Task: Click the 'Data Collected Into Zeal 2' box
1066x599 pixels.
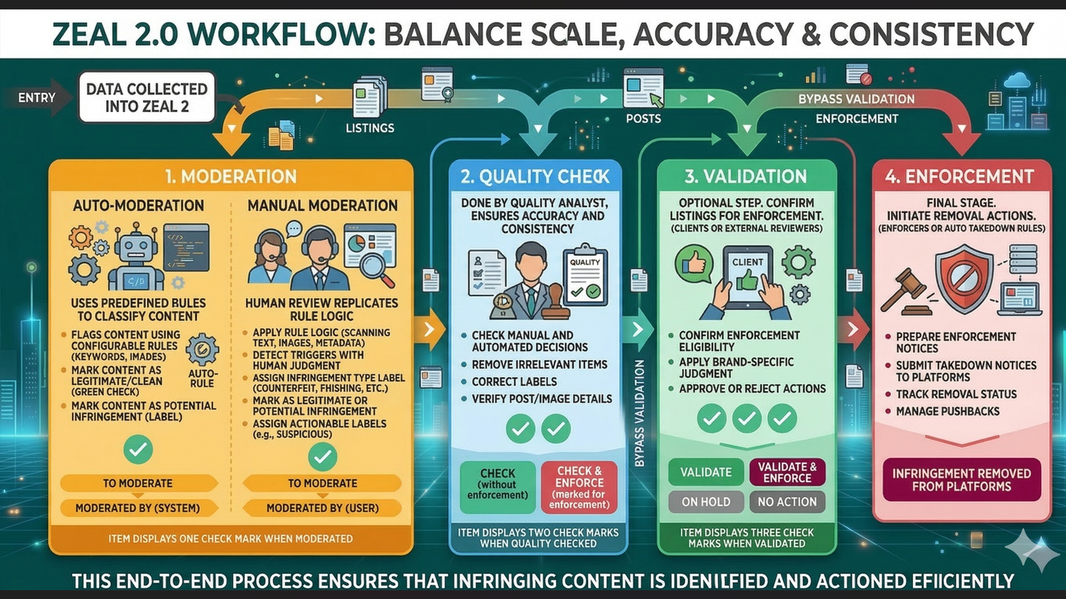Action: point(147,97)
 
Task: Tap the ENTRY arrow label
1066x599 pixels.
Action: point(37,98)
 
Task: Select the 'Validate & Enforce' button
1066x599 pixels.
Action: point(787,472)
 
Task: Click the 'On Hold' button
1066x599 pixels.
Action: point(705,502)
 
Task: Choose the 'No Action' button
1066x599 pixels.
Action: point(787,502)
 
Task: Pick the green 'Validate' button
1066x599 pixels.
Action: point(705,472)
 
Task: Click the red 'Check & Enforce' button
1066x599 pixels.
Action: point(579,487)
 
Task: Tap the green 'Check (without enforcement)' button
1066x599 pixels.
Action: point(497,487)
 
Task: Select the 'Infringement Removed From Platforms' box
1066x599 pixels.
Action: point(961,480)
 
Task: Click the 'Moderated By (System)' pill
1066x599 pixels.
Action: point(137,508)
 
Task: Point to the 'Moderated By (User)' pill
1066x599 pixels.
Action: point(322,508)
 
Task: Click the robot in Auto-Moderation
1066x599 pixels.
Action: point(136,258)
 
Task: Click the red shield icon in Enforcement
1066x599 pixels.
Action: point(964,278)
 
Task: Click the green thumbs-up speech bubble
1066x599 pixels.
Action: point(693,263)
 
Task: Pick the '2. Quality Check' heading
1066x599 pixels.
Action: point(534,177)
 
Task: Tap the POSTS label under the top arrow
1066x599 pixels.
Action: point(643,119)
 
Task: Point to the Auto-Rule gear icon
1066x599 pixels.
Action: point(202,350)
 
